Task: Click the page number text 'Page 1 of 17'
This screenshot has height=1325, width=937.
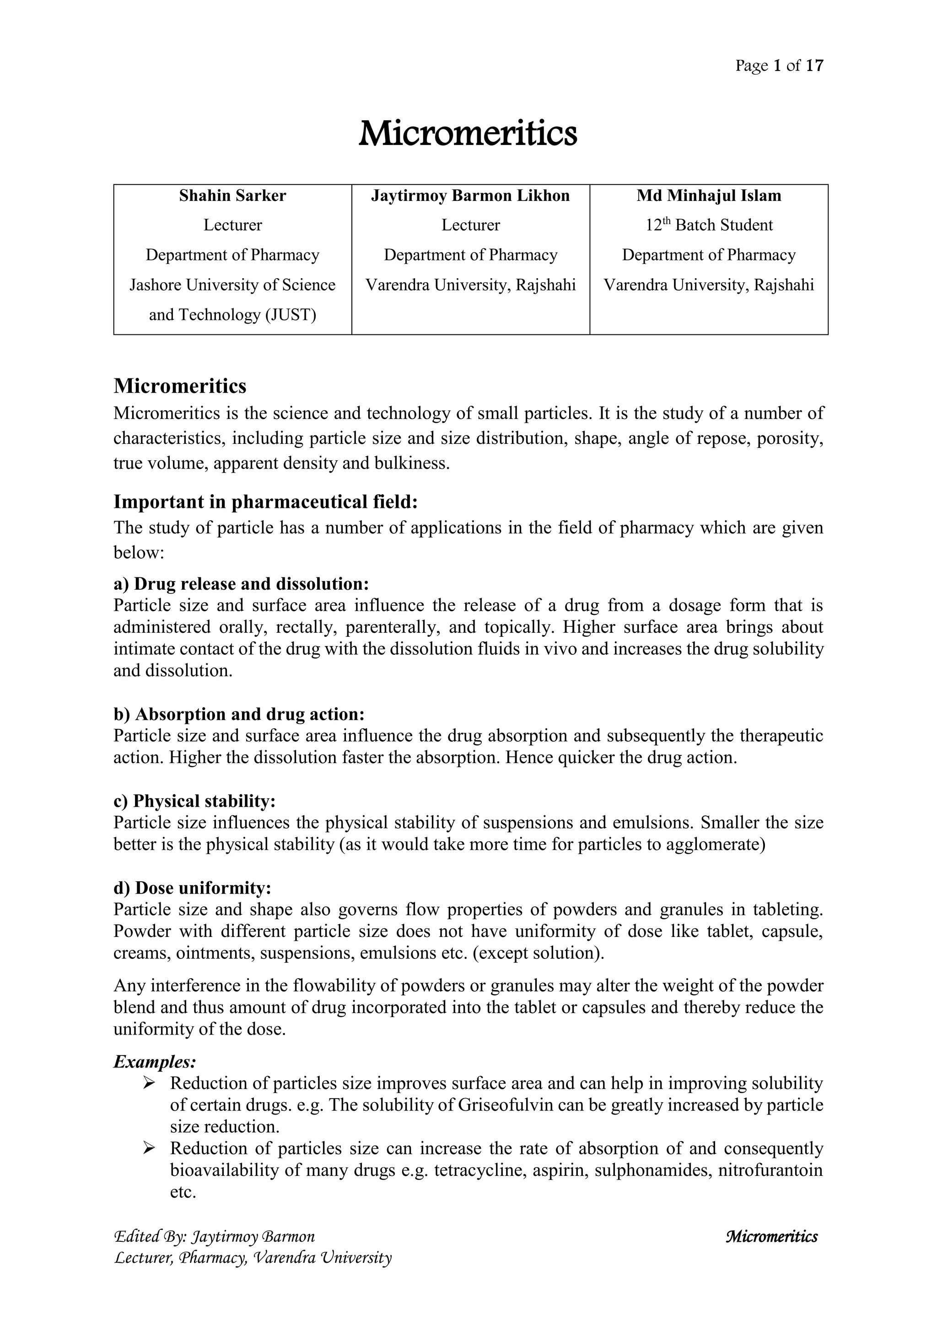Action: (779, 66)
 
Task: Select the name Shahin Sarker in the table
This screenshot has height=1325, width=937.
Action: (232, 196)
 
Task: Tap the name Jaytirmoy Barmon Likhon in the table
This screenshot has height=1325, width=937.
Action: (470, 196)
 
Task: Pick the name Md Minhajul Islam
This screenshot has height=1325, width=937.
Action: (709, 196)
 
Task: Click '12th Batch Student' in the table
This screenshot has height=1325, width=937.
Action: (709, 225)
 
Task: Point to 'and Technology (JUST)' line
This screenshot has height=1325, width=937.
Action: (232, 315)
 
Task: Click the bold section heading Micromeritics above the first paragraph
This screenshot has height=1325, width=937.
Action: (180, 386)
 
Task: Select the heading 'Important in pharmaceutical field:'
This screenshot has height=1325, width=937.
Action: (265, 501)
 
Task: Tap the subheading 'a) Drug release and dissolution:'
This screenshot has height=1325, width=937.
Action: (241, 583)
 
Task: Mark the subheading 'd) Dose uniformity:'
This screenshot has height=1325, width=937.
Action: (192, 887)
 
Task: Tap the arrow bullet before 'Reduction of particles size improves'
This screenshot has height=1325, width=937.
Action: (149, 1084)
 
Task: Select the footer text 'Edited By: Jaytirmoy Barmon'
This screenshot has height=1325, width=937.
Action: (215, 1236)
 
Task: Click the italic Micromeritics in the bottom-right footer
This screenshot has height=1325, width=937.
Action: (771, 1236)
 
